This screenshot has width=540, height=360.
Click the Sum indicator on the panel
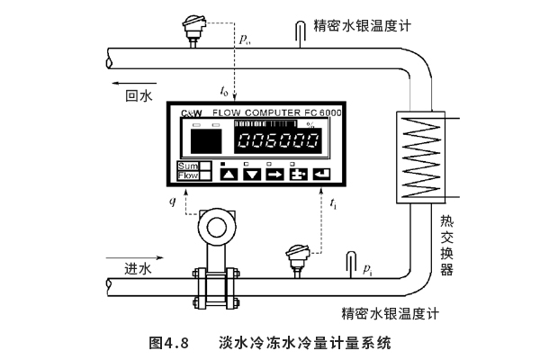click(187, 166)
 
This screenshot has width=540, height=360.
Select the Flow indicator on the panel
click(187, 175)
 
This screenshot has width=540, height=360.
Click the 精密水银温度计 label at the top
click(362, 24)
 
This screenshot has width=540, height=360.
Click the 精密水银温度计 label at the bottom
click(389, 314)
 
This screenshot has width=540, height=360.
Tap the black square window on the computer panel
click(207, 140)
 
